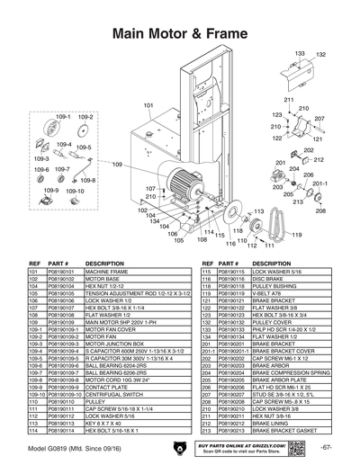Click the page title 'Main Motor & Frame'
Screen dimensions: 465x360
180,33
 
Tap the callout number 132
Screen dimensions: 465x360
319,55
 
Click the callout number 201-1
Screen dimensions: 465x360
318,182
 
